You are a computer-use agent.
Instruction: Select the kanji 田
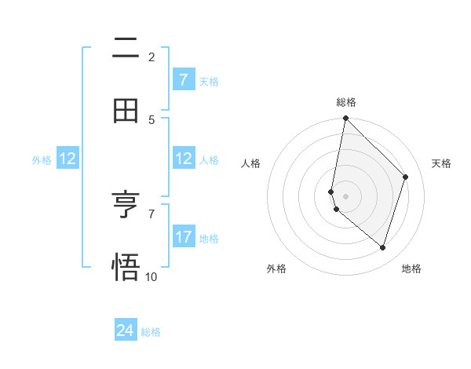click(x=126, y=111)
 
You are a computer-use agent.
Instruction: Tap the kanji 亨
click(x=126, y=206)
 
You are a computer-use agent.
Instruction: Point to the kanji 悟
click(x=126, y=267)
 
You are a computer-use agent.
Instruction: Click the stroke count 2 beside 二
click(x=152, y=57)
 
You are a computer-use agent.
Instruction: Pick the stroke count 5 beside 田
click(x=152, y=119)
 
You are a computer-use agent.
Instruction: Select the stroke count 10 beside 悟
click(x=152, y=276)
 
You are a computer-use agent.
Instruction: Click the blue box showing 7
click(x=184, y=80)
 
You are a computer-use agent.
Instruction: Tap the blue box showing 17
click(x=184, y=237)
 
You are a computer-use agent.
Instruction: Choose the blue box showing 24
click(x=126, y=331)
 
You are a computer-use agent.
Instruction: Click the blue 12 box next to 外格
click(x=68, y=159)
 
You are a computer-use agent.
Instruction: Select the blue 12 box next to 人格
click(x=184, y=159)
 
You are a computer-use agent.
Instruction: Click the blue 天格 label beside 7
click(x=209, y=81)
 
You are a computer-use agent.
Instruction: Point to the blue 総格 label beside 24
click(x=151, y=332)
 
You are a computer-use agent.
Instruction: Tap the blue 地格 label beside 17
click(x=209, y=238)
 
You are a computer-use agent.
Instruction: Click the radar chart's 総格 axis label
click(x=345, y=102)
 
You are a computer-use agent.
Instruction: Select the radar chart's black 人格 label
click(x=251, y=163)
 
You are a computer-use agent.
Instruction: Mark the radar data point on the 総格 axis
click(x=345, y=118)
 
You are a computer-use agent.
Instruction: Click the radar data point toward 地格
click(x=382, y=247)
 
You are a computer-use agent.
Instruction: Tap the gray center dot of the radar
click(x=345, y=195)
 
